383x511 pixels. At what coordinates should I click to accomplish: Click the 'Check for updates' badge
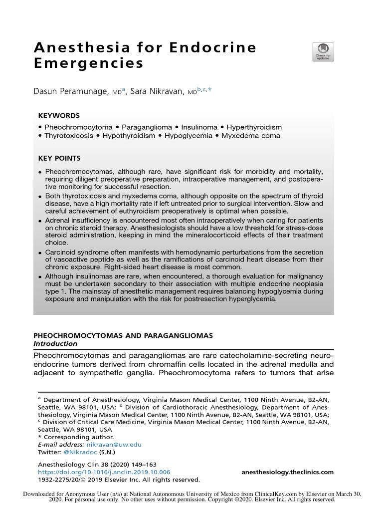tap(323, 52)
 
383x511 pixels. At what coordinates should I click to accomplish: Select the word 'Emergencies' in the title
tap(88, 64)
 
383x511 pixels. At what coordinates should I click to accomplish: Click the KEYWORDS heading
tap(59, 115)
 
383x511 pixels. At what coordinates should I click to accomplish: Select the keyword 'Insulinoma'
tap(199, 127)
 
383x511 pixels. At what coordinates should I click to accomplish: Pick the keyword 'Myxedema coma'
tap(251, 135)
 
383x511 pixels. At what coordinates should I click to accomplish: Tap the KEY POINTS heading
tap(59, 158)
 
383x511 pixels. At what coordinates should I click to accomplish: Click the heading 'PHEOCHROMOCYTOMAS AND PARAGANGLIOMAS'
tap(123, 336)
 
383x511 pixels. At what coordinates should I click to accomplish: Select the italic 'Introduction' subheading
tap(55, 344)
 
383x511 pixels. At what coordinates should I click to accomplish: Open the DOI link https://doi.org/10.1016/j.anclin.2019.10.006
tap(104, 472)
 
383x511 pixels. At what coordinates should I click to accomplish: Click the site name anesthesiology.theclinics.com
tap(287, 472)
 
